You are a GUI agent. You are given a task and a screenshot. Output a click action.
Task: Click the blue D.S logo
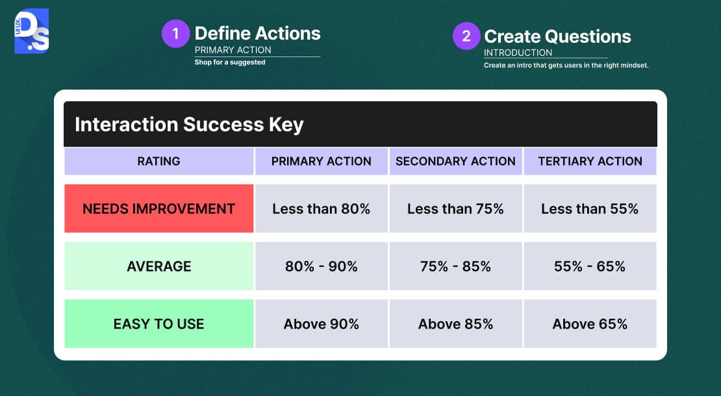point(31,31)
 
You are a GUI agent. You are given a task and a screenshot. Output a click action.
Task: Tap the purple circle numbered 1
point(175,34)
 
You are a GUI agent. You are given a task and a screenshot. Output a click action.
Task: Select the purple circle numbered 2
point(466,36)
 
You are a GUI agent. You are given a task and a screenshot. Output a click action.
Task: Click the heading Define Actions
point(257,34)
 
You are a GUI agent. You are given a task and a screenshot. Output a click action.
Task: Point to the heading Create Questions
point(557,36)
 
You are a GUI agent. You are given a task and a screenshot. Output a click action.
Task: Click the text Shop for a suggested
point(230,62)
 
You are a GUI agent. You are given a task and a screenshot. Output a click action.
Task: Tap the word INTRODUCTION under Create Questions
point(518,53)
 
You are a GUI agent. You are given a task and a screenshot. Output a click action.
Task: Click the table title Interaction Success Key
point(189,125)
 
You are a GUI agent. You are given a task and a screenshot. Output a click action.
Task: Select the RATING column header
point(158,161)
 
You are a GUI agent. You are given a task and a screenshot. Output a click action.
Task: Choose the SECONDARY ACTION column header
point(455,161)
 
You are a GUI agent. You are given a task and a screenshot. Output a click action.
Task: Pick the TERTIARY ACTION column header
point(590,161)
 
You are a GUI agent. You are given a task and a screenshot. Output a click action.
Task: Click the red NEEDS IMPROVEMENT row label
point(158,208)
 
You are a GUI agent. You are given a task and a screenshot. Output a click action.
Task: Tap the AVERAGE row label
point(158,266)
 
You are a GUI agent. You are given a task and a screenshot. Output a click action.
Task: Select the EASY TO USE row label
point(158,324)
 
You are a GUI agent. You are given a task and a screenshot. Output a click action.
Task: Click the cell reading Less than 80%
point(321,208)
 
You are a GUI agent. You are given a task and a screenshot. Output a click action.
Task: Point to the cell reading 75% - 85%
point(455,266)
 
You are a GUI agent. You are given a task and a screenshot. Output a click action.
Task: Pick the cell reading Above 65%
point(590,324)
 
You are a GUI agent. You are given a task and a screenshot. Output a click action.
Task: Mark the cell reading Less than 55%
point(590,208)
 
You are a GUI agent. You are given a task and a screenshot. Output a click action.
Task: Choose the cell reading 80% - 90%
point(321,266)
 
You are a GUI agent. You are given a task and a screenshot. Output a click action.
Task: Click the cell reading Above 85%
point(455,324)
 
